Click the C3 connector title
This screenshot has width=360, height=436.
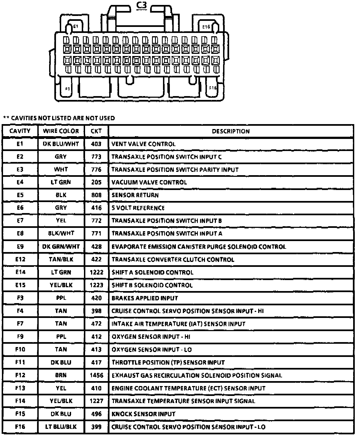click(x=142, y=5)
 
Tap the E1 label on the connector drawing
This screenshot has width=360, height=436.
click(x=76, y=27)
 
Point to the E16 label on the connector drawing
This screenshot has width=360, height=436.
click(x=206, y=27)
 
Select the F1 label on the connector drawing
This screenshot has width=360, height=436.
click(x=67, y=88)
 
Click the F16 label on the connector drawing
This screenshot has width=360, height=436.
click(x=213, y=88)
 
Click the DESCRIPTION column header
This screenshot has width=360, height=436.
click(x=231, y=131)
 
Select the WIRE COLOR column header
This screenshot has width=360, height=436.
click(x=61, y=131)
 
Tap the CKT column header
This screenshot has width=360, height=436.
click(x=96, y=131)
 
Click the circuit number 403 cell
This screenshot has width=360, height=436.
click(x=96, y=144)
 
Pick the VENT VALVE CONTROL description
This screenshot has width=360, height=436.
click(x=143, y=144)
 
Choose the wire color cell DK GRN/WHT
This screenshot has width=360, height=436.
click(x=61, y=247)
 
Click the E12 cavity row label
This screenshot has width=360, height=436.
click(x=20, y=259)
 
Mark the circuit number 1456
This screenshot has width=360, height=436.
click(x=97, y=375)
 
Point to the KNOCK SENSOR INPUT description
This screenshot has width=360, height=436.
click(x=143, y=414)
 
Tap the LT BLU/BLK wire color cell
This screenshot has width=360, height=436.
click(x=61, y=427)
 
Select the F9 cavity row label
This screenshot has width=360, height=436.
click(x=20, y=337)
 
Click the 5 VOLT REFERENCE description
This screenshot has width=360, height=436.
click(x=138, y=208)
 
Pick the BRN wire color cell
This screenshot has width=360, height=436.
click(x=61, y=375)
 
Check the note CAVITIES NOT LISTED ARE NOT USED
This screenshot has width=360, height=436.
click(x=59, y=118)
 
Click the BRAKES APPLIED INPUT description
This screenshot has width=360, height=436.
click(x=145, y=298)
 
